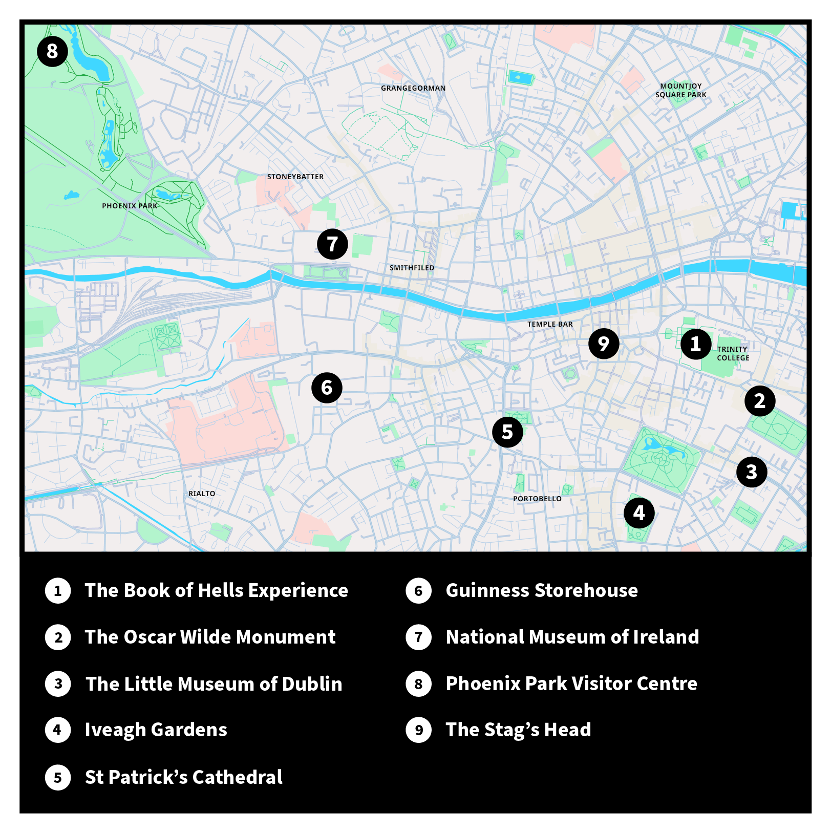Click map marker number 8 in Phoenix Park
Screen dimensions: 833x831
tap(52, 51)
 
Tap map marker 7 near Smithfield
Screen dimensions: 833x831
tap(332, 244)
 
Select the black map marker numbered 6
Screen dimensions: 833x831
tap(327, 388)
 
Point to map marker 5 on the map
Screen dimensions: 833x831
tap(507, 432)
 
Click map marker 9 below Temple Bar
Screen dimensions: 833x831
tap(604, 344)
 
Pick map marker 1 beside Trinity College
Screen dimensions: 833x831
tap(695, 344)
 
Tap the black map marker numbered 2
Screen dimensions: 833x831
tap(760, 400)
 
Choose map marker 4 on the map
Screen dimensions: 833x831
tap(639, 512)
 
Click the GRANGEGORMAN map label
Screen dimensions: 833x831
tap(413, 88)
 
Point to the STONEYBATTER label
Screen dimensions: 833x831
tap(295, 177)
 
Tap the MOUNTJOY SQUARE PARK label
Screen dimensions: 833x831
tap(681, 91)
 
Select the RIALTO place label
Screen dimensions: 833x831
tap(202, 494)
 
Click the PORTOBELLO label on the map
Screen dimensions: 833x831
tap(537, 499)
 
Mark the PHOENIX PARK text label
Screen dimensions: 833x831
tap(130, 206)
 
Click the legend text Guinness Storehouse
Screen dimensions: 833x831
tap(542, 590)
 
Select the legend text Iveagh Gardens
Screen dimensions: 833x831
tap(156, 730)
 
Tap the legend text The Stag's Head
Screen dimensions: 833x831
tap(518, 730)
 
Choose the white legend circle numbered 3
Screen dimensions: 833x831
tap(58, 684)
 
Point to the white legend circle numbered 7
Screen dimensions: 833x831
tap(419, 637)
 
